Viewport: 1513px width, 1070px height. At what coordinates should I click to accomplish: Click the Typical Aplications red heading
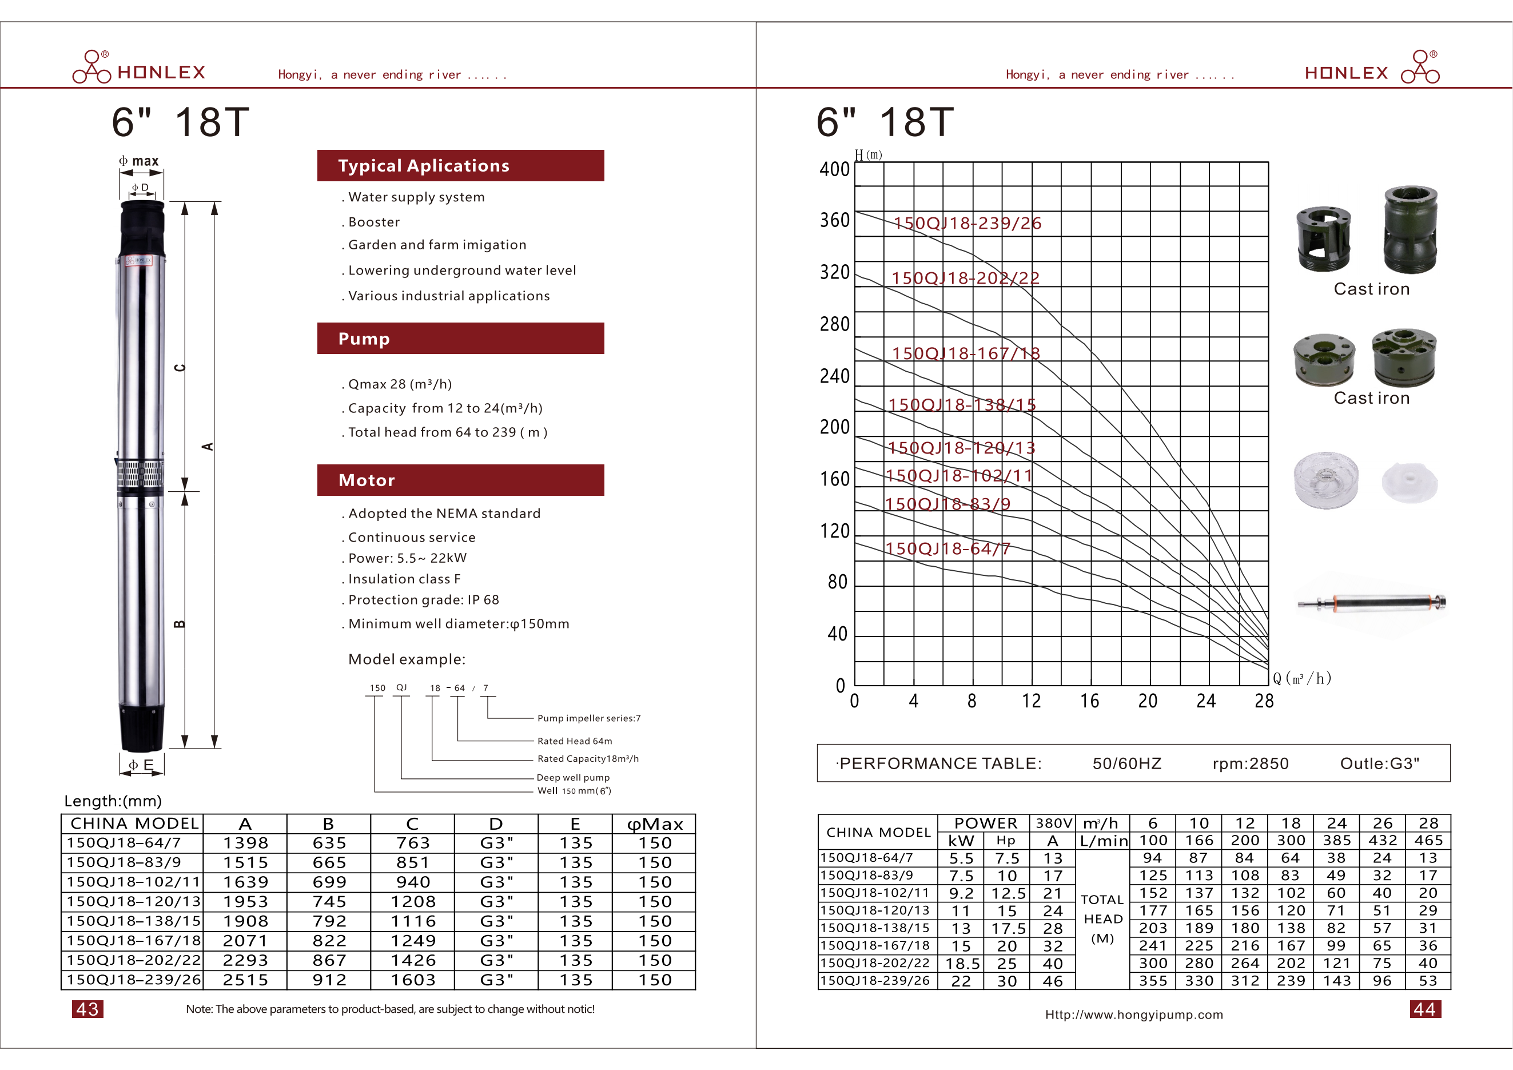click(x=460, y=165)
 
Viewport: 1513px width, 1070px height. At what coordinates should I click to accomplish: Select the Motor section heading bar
click(x=460, y=480)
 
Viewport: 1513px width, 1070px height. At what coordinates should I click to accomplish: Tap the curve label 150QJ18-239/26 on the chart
click(x=967, y=224)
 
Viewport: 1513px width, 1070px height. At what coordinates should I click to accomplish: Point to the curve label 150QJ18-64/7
click(x=947, y=549)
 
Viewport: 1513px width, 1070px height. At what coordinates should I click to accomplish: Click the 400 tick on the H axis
click(x=834, y=169)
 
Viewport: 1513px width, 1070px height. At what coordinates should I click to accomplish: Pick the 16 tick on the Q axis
click(x=1089, y=701)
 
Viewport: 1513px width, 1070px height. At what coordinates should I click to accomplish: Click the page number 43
click(x=87, y=1009)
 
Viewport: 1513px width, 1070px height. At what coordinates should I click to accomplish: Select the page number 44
click(x=1425, y=1009)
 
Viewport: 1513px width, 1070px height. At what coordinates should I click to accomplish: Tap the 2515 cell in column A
click(x=245, y=980)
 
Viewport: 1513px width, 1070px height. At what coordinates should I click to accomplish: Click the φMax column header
click(x=654, y=824)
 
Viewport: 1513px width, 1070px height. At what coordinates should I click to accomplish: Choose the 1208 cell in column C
click(x=412, y=902)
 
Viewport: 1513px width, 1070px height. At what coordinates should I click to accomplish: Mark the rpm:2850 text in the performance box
click(x=1250, y=763)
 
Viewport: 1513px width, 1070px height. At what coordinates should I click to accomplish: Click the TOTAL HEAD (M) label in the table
click(x=1102, y=919)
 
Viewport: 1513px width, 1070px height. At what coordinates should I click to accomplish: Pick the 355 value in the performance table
click(x=1153, y=981)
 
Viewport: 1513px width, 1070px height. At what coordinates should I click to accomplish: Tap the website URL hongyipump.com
click(x=1133, y=1015)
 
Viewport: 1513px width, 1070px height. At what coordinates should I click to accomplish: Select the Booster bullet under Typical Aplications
click(x=373, y=222)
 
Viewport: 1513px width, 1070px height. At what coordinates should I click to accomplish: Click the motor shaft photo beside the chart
click(x=1372, y=602)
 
